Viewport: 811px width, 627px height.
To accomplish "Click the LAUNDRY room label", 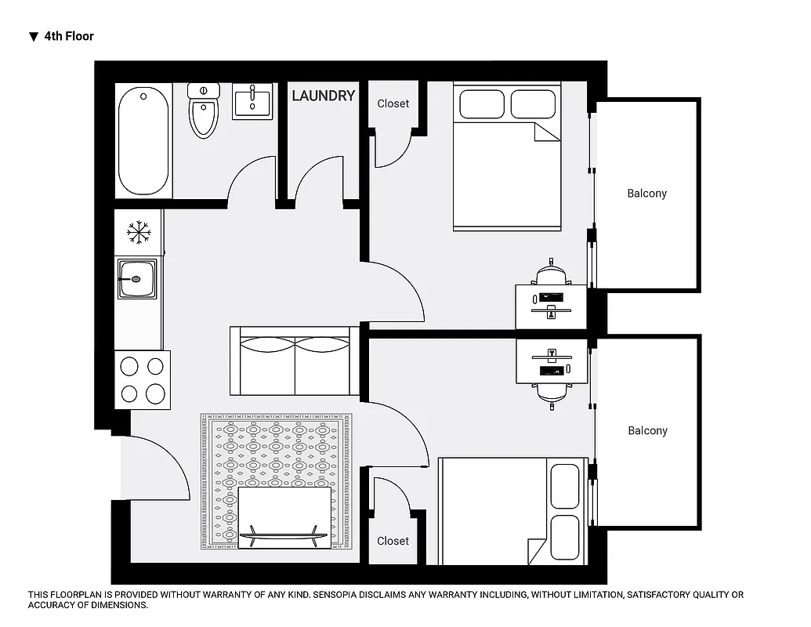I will pyautogui.click(x=323, y=96).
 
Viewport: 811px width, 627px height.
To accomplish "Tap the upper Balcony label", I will pyautogui.click(x=646, y=194).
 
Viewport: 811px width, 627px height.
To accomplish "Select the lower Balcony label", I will pyautogui.click(x=646, y=431).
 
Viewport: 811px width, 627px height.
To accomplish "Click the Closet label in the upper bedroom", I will pyautogui.click(x=393, y=103).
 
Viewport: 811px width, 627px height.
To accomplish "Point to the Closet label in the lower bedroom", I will pyautogui.click(x=393, y=541).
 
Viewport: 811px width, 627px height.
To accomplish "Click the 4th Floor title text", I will pyautogui.click(x=69, y=36).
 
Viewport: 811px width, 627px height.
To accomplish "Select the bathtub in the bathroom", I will pyautogui.click(x=143, y=142).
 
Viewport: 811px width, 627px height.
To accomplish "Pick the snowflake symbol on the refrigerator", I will pyautogui.click(x=139, y=231).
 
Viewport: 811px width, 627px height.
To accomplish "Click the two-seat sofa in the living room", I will pyautogui.click(x=294, y=361).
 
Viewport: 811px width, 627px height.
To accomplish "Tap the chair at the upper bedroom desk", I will pyautogui.click(x=551, y=274).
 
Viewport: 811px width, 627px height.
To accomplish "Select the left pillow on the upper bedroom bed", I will pyautogui.click(x=481, y=103).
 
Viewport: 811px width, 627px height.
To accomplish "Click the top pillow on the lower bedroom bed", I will pyautogui.click(x=565, y=486).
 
